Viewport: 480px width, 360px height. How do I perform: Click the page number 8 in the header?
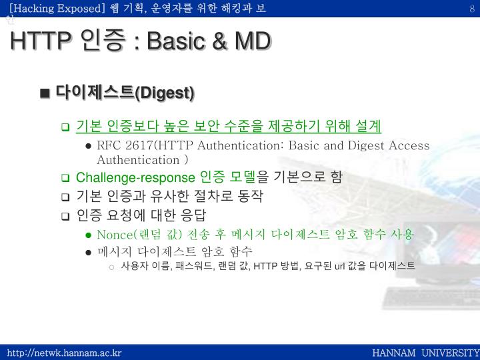[472, 7]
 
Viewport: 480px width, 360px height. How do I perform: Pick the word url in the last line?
[339, 266]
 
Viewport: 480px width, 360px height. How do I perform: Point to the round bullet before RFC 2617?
[88, 146]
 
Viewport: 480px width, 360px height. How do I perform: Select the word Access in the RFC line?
[409, 145]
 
